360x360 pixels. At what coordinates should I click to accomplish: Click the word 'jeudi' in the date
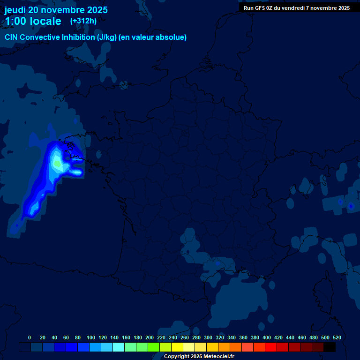coord(15,10)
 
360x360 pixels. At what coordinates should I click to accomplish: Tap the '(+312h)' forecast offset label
coord(83,21)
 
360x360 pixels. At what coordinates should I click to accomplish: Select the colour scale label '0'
coord(30,337)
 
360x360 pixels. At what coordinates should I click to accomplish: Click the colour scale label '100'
coord(91,337)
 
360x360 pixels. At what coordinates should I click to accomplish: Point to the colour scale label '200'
coord(150,337)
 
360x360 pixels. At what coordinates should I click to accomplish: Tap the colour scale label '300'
coord(208,337)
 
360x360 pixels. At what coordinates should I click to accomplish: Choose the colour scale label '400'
coord(267,337)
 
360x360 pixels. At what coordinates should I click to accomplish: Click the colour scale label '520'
coord(337,337)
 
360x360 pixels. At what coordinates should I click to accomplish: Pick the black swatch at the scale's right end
coord(330,347)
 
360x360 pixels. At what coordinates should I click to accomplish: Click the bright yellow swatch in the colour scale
coord(177,347)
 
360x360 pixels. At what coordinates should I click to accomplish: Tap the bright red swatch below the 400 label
coord(271,347)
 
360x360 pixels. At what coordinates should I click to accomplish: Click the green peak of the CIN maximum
coord(57,164)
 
